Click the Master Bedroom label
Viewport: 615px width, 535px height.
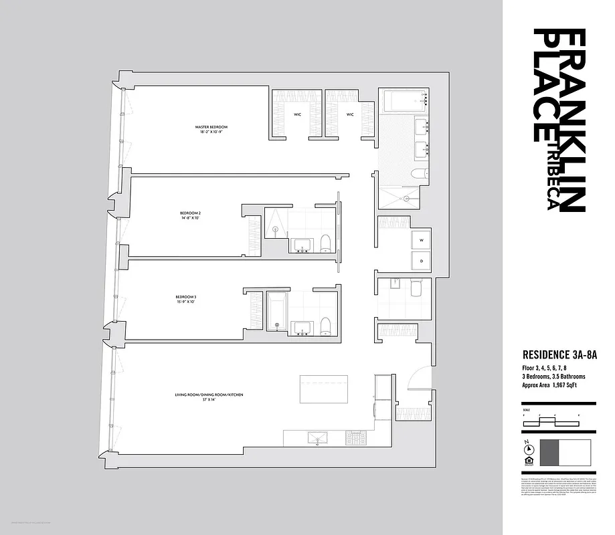click(211, 129)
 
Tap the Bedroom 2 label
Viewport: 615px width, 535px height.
click(190, 216)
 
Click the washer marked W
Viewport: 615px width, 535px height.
click(422, 239)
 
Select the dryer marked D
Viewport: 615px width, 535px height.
click(422, 260)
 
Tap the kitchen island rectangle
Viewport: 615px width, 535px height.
click(324, 389)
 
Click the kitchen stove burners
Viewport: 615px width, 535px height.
click(355, 439)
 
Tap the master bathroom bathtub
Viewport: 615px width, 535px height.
click(404, 102)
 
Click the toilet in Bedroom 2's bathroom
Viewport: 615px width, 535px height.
click(325, 243)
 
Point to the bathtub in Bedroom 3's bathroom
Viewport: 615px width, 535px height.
click(276, 310)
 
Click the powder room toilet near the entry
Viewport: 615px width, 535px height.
click(415, 290)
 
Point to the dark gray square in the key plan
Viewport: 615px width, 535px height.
click(549, 453)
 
